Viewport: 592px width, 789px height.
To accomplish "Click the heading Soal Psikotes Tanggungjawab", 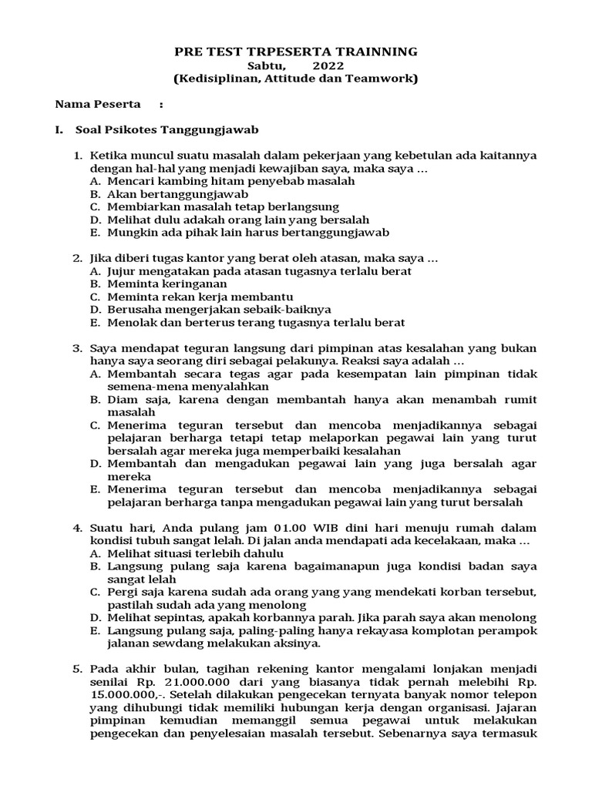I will click(x=166, y=129).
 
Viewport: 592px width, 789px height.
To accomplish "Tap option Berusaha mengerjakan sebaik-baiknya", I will click(x=213, y=310).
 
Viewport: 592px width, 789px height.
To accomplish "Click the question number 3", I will click(x=77, y=348).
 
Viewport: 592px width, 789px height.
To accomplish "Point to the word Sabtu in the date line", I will click(x=263, y=65).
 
